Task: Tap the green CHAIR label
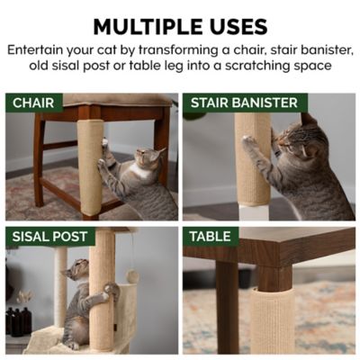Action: click(x=34, y=103)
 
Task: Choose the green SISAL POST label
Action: click(x=49, y=237)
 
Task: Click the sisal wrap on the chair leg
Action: click(x=90, y=166)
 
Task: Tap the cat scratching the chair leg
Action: click(x=139, y=184)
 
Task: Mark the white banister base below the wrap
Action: click(x=254, y=212)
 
